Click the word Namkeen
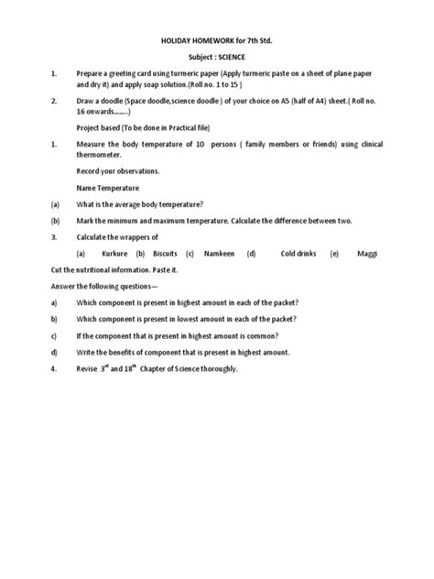(x=219, y=253)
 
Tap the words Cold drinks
(x=299, y=253)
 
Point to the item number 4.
(x=54, y=368)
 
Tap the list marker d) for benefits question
(x=54, y=352)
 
